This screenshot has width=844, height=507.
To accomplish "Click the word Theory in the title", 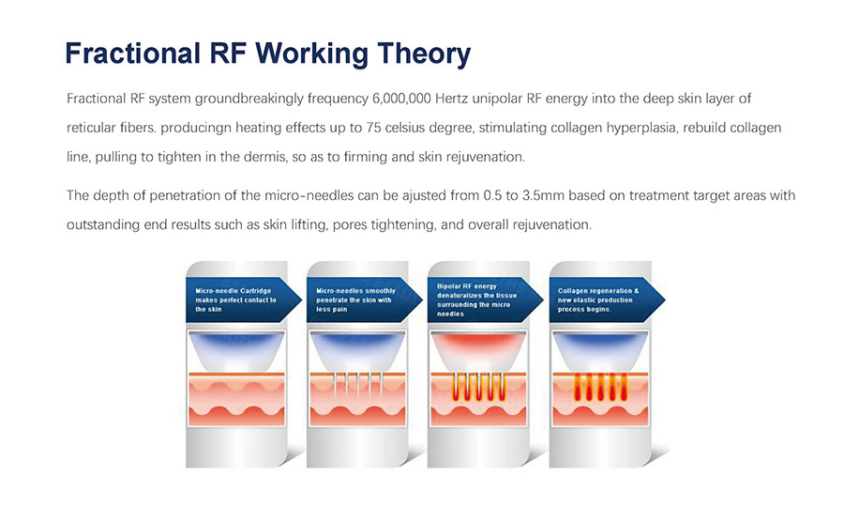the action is (x=424, y=54).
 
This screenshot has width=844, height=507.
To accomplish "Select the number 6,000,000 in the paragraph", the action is (x=401, y=99).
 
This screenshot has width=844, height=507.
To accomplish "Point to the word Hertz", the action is (x=451, y=99).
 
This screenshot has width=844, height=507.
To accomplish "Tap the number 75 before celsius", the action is (x=373, y=128).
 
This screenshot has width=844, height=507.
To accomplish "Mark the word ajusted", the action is (x=424, y=195).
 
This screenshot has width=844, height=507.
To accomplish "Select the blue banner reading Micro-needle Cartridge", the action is (x=243, y=300).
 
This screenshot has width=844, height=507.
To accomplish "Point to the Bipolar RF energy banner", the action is (x=485, y=300).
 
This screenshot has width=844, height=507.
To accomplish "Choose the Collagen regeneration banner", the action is (x=607, y=300).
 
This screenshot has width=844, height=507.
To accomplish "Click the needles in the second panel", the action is (x=357, y=382).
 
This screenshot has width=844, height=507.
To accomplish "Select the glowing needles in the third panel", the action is (x=478, y=386).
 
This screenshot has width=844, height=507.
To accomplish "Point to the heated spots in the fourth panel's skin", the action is (x=600, y=387).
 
